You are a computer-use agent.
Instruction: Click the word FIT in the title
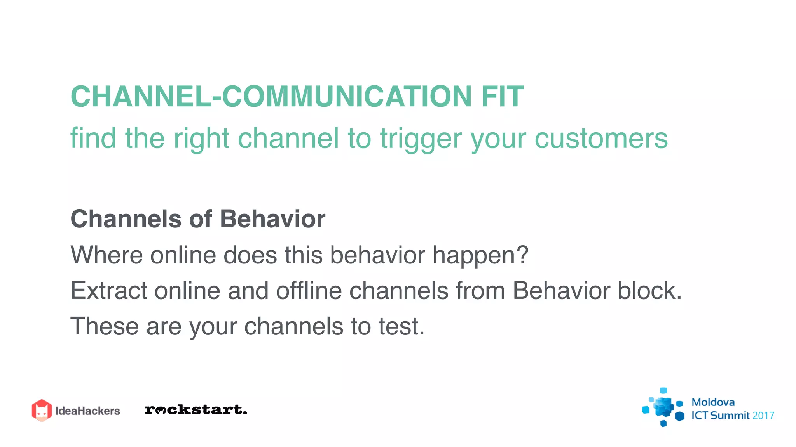pyautogui.click(x=503, y=96)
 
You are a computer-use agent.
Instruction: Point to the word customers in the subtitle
pyautogui.click(x=601, y=138)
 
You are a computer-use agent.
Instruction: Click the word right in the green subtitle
pyautogui.click(x=201, y=139)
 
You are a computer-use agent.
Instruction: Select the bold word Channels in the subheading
pyautogui.click(x=126, y=219)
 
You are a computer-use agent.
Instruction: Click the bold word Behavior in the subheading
pyautogui.click(x=272, y=219)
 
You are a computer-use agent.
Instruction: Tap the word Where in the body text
pyautogui.click(x=106, y=255)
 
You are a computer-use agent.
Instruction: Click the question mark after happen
pyautogui.click(x=522, y=255)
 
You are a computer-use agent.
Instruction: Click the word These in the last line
pyautogui.click(x=104, y=326)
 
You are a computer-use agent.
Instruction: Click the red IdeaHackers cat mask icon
pyautogui.click(x=42, y=410)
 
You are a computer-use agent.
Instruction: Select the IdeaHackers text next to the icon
pyautogui.click(x=87, y=411)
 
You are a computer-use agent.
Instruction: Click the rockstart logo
pyautogui.click(x=196, y=410)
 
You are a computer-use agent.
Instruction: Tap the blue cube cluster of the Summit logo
pyautogui.click(x=663, y=407)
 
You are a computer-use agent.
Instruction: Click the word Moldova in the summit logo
pyautogui.click(x=713, y=402)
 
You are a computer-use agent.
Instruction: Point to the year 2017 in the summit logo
pyautogui.click(x=763, y=416)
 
